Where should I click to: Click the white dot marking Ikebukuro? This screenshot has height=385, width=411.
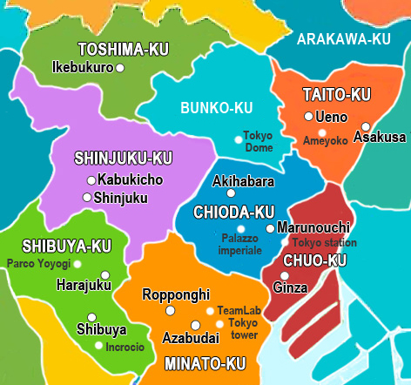click(x=120, y=66)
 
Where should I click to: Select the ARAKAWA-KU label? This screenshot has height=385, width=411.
click(x=343, y=39)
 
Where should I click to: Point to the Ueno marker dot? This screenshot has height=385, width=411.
click(x=308, y=116)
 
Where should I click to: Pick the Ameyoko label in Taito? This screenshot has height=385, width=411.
click(x=326, y=139)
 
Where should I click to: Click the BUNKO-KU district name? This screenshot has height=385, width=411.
click(x=216, y=107)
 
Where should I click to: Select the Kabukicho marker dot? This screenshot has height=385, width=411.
click(x=91, y=180)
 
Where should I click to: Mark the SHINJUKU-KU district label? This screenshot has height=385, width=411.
click(x=123, y=158)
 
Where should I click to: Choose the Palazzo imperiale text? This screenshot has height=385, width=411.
click(x=241, y=244)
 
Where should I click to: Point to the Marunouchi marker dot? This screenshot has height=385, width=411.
click(x=270, y=228)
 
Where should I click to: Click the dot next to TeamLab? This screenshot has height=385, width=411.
click(x=209, y=310)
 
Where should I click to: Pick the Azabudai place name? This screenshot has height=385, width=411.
click(x=190, y=337)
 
